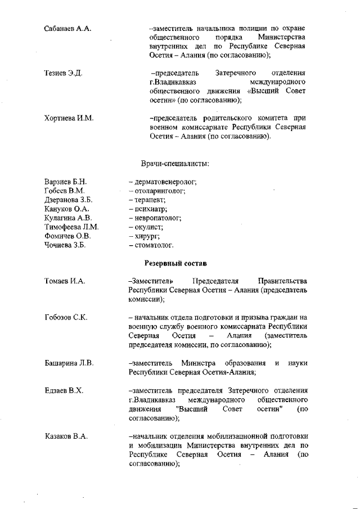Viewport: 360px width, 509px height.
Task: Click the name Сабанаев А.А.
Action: (x=67, y=28)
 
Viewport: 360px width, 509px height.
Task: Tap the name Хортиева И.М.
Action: (x=69, y=118)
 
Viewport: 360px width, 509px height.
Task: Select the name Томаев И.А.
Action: (x=65, y=281)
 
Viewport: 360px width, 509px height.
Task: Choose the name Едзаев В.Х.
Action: (x=64, y=390)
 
